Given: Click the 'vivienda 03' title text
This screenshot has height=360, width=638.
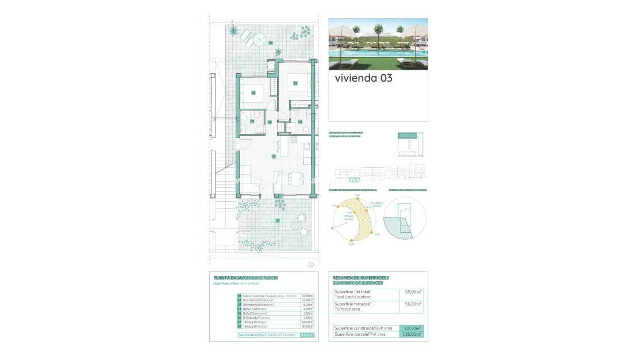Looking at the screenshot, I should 363,78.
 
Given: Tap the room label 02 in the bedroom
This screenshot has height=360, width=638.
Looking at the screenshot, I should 295,83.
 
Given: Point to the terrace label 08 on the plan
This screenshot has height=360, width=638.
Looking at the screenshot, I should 270,43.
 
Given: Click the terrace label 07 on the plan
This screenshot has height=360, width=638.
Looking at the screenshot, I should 278,220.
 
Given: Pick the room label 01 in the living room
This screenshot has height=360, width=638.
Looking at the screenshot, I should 274,156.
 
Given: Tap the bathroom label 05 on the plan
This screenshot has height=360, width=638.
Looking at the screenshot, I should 252,122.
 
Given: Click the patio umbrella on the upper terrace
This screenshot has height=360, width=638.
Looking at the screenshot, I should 260,40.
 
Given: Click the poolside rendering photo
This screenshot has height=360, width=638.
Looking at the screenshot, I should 378,44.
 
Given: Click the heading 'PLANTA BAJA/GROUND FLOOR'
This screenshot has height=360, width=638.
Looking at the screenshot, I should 245,278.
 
